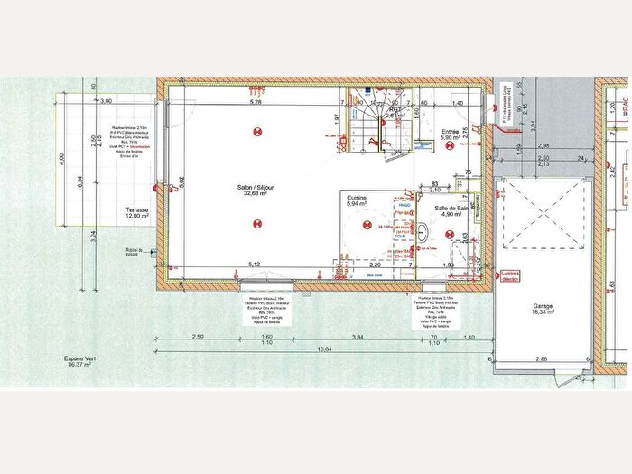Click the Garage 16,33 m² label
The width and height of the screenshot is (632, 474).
coord(543,307)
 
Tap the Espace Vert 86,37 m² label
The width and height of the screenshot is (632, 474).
coord(69,361)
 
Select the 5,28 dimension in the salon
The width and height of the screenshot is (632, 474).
coord(256,102)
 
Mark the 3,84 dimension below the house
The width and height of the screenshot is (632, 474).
coord(358,336)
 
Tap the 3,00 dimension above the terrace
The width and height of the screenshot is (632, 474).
coord(107,101)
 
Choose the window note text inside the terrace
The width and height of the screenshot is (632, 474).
coord(129,144)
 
